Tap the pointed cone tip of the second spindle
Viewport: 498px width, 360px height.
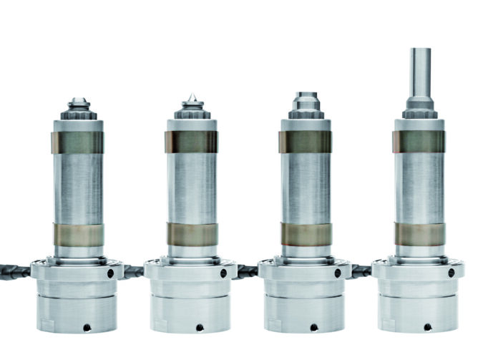pyautogui.click(x=192, y=97)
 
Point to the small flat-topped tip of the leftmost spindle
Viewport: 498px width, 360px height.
pyautogui.click(x=77, y=101)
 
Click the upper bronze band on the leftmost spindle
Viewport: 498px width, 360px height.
pyautogui.click(x=77, y=142)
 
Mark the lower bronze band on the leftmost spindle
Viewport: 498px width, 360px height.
pyautogui.click(x=77, y=234)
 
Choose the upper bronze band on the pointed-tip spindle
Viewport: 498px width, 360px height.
pyautogui.click(x=191, y=142)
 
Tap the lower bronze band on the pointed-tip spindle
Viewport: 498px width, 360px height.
pyautogui.click(x=191, y=234)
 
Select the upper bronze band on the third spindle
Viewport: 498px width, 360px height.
pyautogui.click(x=306, y=142)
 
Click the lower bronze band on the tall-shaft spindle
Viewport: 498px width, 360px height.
pyautogui.click(x=419, y=233)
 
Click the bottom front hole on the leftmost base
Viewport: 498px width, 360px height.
pyautogui.click(x=86, y=327)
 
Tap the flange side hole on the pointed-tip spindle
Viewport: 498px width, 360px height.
pyautogui.click(x=224, y=273)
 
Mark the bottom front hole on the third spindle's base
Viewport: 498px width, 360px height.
pyautogui.click(x=313, y=327)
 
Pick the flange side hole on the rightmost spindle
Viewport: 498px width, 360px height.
pyautogui.click(x=451, y=273)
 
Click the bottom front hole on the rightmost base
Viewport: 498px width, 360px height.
pyautogui.click(x=427, y=327)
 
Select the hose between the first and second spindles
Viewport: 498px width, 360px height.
pyautogui.click(x=133, y=271)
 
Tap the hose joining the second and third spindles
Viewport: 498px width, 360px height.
pyautogui.click(x=247, y=271)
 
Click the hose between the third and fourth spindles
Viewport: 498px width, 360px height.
pyautogui.click(x=361, y=271)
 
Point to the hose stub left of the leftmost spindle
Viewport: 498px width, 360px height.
pyautogui.click(x=14, y=271)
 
